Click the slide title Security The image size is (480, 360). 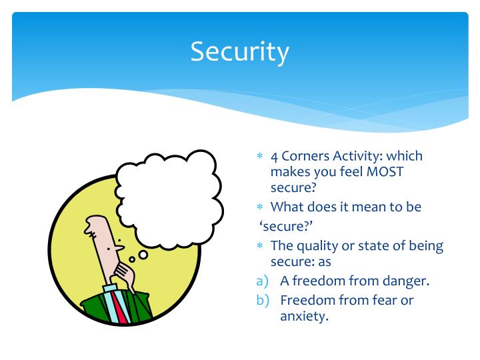tap(240, 51)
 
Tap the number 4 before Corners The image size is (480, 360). tap(274, 156)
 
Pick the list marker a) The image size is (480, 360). tap(263, 281)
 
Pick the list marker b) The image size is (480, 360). tap(263, 301)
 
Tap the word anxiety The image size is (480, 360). tap(304, 316)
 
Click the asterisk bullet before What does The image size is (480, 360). tap(261, 207)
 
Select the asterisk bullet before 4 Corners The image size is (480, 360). tap(261, 157)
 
